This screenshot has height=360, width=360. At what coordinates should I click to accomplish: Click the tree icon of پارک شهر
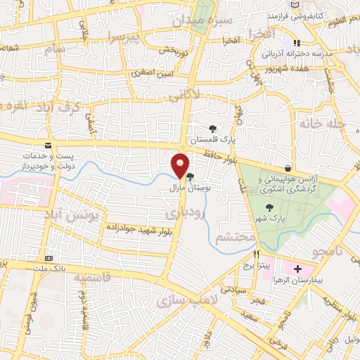pyautogui.click(x=270, y=207)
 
